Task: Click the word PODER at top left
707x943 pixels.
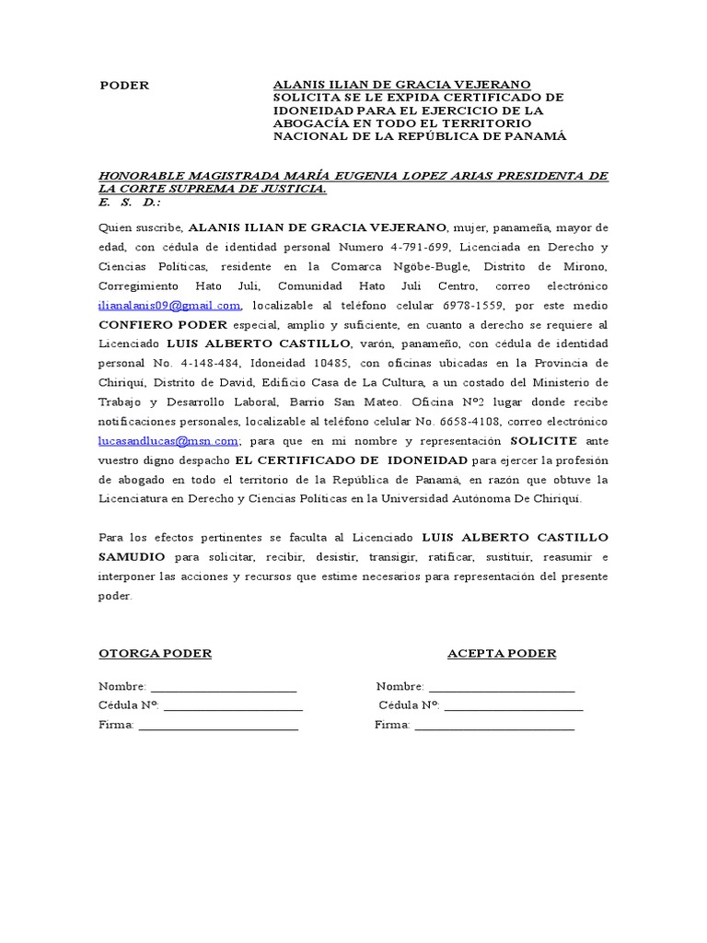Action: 123,85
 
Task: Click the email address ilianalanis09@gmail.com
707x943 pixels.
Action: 169,305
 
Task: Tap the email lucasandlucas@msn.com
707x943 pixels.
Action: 168,440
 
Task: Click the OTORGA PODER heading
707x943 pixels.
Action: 155,654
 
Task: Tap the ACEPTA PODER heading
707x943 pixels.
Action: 502,654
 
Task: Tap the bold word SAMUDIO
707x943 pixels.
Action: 132,557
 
